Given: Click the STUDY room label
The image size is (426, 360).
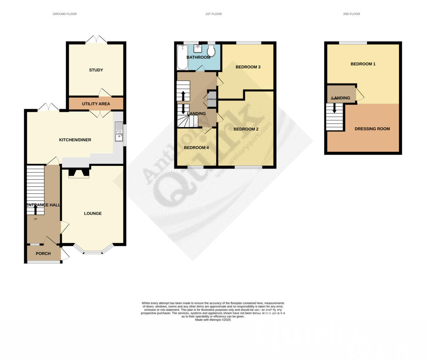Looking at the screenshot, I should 96,70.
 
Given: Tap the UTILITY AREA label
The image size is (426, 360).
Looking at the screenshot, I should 96,104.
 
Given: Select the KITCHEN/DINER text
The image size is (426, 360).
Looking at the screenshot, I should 75,140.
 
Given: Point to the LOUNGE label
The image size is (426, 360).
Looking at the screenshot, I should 93,214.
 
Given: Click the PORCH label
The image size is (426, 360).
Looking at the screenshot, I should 43,254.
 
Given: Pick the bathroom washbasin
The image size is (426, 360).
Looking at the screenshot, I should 198,48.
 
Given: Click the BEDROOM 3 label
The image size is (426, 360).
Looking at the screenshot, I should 248,67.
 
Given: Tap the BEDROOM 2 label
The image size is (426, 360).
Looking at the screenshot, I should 246,129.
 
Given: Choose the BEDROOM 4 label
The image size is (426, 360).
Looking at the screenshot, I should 196,148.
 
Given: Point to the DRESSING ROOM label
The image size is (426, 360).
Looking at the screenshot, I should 372,129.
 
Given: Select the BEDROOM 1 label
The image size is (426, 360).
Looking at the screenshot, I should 363,64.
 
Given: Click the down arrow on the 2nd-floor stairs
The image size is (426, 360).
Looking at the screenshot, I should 334,108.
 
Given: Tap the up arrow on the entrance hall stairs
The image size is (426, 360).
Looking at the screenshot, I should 35,210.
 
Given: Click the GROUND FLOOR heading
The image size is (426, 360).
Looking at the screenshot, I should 65,14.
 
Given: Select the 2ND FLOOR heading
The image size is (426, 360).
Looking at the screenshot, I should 351,14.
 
